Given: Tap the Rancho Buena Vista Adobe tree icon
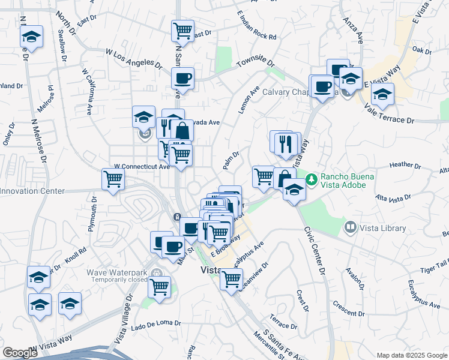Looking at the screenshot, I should tap(311, 179).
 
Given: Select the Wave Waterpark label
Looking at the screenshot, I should tap(117, 272).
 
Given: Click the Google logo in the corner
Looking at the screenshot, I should tap(20, 352).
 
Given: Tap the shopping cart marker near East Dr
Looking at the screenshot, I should tap(182, 30).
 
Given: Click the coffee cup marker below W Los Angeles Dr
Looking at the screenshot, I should tap(182, 78).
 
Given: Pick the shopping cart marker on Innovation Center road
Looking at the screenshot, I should tap(113, 179).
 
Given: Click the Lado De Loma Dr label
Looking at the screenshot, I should tap(155, 323).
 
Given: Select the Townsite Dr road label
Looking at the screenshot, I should tap(255, 62).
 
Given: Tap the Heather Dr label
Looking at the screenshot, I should tap(405, 164).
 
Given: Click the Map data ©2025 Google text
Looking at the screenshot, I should tap(411, 355).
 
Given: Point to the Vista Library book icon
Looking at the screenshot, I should tap(351, 227).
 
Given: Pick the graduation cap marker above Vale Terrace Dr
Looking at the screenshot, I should tap(382, 94).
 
